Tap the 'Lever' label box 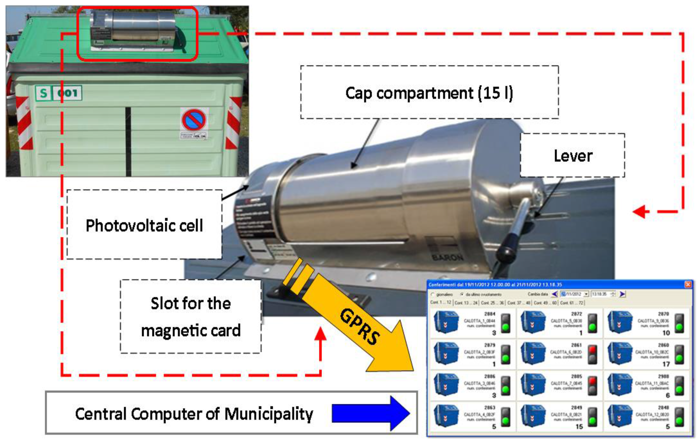coord(572,156)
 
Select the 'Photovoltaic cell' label coord(144,225)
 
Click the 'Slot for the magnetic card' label coord(191,317)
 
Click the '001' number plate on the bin coord(68,93)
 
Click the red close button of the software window coord(688,285)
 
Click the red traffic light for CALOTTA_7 coord(592,381)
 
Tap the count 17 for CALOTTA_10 coord(666,364)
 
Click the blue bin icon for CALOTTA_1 coord(446,322)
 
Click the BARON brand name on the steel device coord(448,257)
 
